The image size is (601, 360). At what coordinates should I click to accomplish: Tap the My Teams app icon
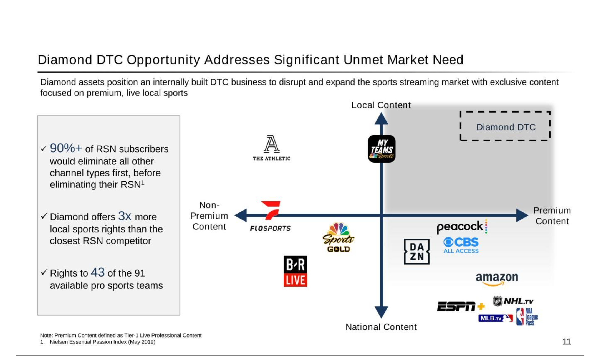pyautogui.click(x=382, y=149)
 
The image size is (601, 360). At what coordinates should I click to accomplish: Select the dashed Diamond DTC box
pyautogui.click(x=505, y=126)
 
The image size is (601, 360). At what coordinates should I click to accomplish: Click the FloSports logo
pyautogui.click(x=271, y=216)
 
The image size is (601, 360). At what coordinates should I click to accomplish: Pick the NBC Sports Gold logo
pyautogui.click(x=338, y=237)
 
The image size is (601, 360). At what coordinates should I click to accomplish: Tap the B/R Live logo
pyautogui.click(x=296, y=271)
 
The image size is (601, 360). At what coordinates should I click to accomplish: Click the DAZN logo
pyautogui.click(x=416, y=251)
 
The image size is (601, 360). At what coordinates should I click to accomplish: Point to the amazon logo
pyautogui.click(x=497, y=278)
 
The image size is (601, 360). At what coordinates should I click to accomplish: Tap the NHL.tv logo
pyautogui.click(x=513, y=301)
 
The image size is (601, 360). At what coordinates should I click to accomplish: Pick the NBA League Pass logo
pyautogui.click(x=527, y=317)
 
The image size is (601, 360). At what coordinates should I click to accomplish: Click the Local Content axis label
pyautogui.click(x=381, y=105)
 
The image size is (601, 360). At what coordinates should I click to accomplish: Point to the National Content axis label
pyautogui.click(x=381, y=327)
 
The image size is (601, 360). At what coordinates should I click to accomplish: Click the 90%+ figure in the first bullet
pyautogui.click(x=66, y=148)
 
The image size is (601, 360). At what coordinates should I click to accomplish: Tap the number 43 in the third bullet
pyautogui.click(x=98, y=272)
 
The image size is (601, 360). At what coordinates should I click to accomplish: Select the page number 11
pyautogui.click(x=567, y=341)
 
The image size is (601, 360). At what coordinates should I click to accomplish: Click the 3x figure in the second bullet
pyautogui.click(x=125, y=216)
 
